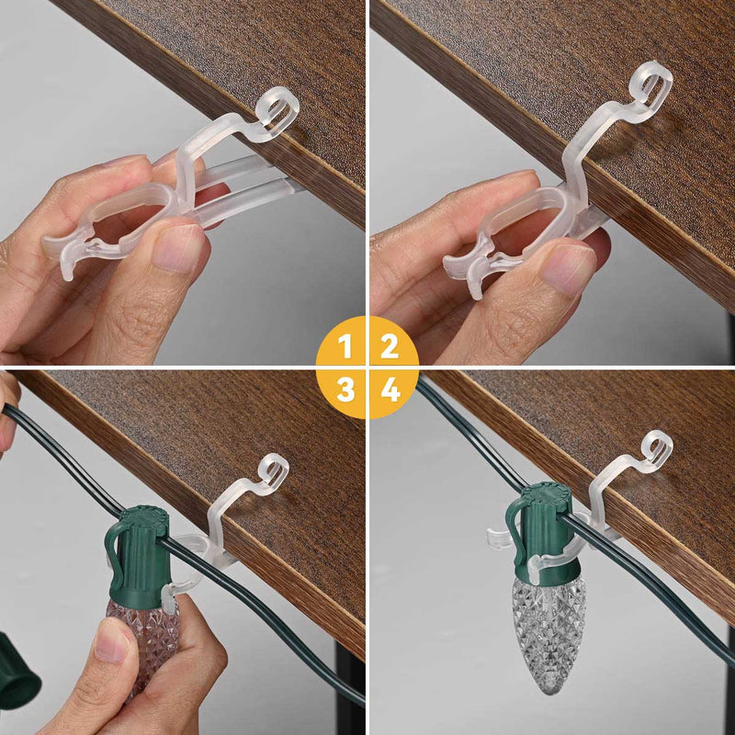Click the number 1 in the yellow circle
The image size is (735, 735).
pos(345,346)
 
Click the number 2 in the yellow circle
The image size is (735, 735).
pos(390,346)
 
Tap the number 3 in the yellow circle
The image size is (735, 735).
pos(345,390)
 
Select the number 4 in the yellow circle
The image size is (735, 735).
pos(390,390)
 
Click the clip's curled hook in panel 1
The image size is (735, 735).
pos(277,108)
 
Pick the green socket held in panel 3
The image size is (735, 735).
pos(138,551)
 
